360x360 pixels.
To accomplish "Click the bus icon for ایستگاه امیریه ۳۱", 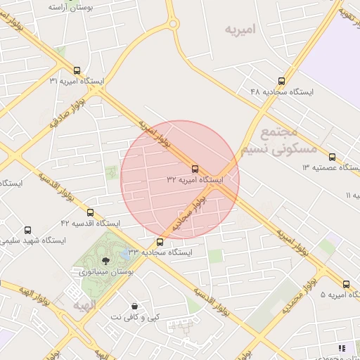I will point(77,70).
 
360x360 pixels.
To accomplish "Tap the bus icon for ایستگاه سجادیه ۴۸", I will point(282,81).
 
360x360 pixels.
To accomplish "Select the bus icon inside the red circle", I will point(195,169).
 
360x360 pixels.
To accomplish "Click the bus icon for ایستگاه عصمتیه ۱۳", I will point(332,157).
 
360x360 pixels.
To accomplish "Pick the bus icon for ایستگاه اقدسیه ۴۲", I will point(90,212).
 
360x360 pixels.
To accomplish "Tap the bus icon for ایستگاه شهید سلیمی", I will point(27,230).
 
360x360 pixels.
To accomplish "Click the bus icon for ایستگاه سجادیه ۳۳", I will point(160,242).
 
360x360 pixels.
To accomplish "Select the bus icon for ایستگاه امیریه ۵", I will point(346,284).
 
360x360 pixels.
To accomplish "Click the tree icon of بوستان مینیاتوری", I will point(106,260).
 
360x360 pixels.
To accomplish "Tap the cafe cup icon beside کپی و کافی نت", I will point(134,307).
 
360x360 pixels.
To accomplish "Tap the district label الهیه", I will point(84,306).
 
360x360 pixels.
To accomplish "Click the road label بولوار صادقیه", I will point(67,115).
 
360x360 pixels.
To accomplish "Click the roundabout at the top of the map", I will point(173,25).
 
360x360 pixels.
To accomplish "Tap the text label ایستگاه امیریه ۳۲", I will point(194,180).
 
